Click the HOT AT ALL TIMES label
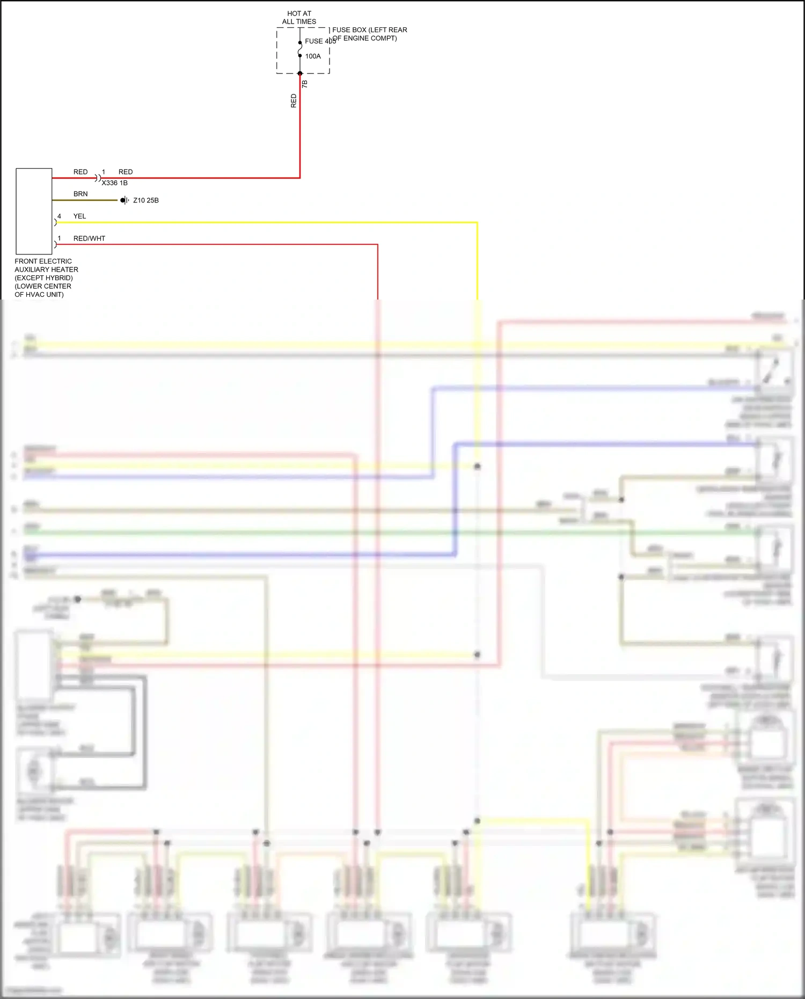[x=299, y=18]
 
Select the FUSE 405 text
[x=320, y=41]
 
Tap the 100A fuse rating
[x=313, y=56]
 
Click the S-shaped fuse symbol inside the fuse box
[x=300, y=49]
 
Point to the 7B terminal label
[x=305, y=84]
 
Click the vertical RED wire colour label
[x=294, y=101]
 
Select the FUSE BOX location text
[x=369, y=34]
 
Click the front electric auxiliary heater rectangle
[x=34, y=211]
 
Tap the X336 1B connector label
[x=114, y=183]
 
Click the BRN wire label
[x=80, y=194]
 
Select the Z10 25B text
[x=146, y=200]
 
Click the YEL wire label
[x=79, y=216]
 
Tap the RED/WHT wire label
[x=89, y=238]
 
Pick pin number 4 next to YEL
[x=59, y=216]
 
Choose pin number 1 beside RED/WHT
[x=59, y=238]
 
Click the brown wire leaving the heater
[x=86, y=200]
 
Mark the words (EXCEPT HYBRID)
[x=43, y=278]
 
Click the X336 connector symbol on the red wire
[x=98, y=178]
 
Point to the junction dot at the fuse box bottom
[x=300, y=74]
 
